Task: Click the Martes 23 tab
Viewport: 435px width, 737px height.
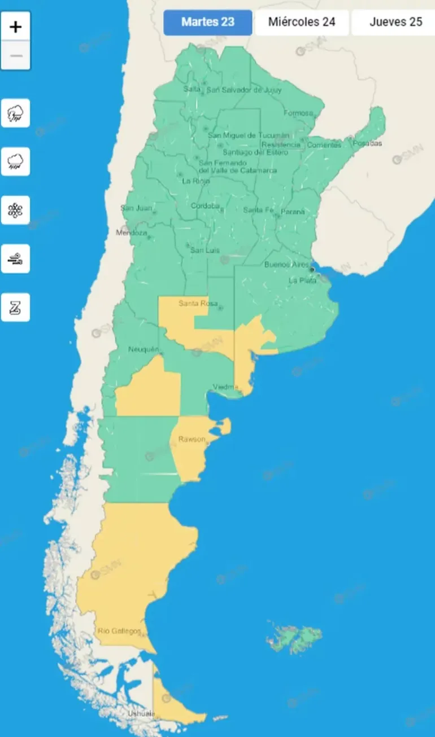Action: (x=208, y=23)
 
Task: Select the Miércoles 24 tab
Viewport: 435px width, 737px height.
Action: (x=302, y=23)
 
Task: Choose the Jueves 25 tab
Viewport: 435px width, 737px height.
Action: (x=395, y=23)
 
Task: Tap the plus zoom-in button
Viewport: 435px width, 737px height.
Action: (x=16, y=27)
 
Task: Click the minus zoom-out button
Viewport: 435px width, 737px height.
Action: (x=16, y=55)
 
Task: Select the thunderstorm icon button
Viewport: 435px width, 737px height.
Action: (x=15, y=113)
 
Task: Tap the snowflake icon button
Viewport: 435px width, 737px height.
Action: (x=15, y=210)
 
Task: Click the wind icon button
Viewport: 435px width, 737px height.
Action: (x=15, y=259)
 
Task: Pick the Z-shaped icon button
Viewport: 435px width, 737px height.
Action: (x=15, y=308)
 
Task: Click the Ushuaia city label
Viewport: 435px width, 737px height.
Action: (x=141, y=713)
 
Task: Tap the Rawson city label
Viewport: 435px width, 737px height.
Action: (x=192, y=439)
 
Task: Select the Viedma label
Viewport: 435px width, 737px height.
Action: (x=225, y=387)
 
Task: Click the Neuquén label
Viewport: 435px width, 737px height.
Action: (x=143, y=349)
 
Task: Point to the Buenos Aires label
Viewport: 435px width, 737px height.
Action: (x=286, y=265)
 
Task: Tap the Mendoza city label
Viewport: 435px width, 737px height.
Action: (x=132, y=232)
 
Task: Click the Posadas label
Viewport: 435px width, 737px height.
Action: (x=367, y=143)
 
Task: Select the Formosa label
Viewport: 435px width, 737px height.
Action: (x=298, y=113)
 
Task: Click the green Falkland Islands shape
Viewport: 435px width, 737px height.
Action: (x=295, y=639)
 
